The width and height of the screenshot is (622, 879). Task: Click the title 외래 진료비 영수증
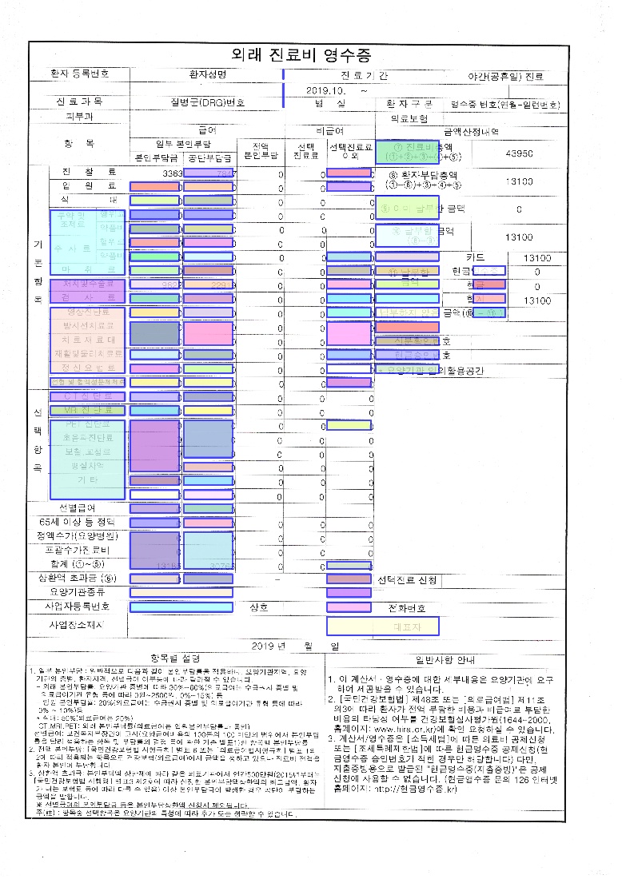click(301, 55)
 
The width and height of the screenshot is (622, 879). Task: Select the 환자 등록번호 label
click(80, 74)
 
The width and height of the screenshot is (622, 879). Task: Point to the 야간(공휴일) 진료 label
click(505, 77)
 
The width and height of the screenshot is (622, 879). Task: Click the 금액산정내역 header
click(472, 131)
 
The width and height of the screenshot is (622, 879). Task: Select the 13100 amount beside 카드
click(536, 258)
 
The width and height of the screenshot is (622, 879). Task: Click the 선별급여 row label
click(78, 508)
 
